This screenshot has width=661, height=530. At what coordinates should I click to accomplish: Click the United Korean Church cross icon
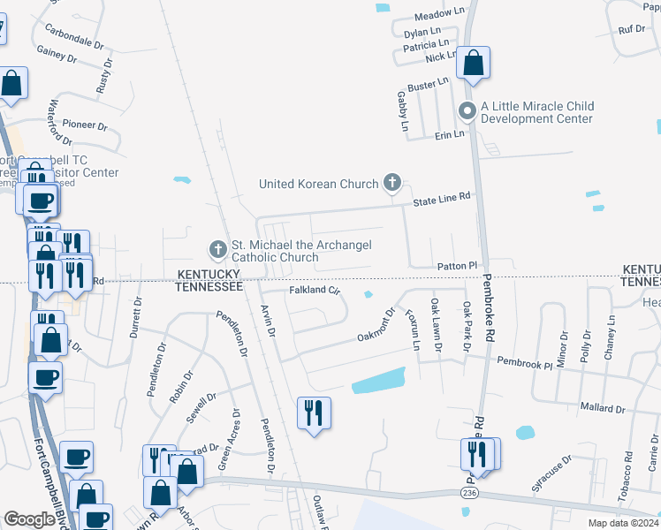(392, 184)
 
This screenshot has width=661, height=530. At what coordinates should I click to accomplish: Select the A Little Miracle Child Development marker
(466, 111)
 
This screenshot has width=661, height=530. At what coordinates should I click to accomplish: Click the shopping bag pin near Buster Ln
(473, 64)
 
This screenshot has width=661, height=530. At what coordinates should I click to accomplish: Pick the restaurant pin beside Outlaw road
(315, 413)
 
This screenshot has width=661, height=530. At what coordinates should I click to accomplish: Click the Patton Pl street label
(457, 266)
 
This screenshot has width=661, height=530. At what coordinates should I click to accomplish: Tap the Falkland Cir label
(315, 290)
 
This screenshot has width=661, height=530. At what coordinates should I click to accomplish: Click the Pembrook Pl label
(524, 361)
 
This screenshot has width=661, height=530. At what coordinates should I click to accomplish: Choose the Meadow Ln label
(438, 15)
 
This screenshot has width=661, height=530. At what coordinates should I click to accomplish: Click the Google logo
(29, 519)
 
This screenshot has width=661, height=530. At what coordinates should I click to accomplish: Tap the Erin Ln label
(449, 134)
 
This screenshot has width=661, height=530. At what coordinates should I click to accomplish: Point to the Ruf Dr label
(632, 29)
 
